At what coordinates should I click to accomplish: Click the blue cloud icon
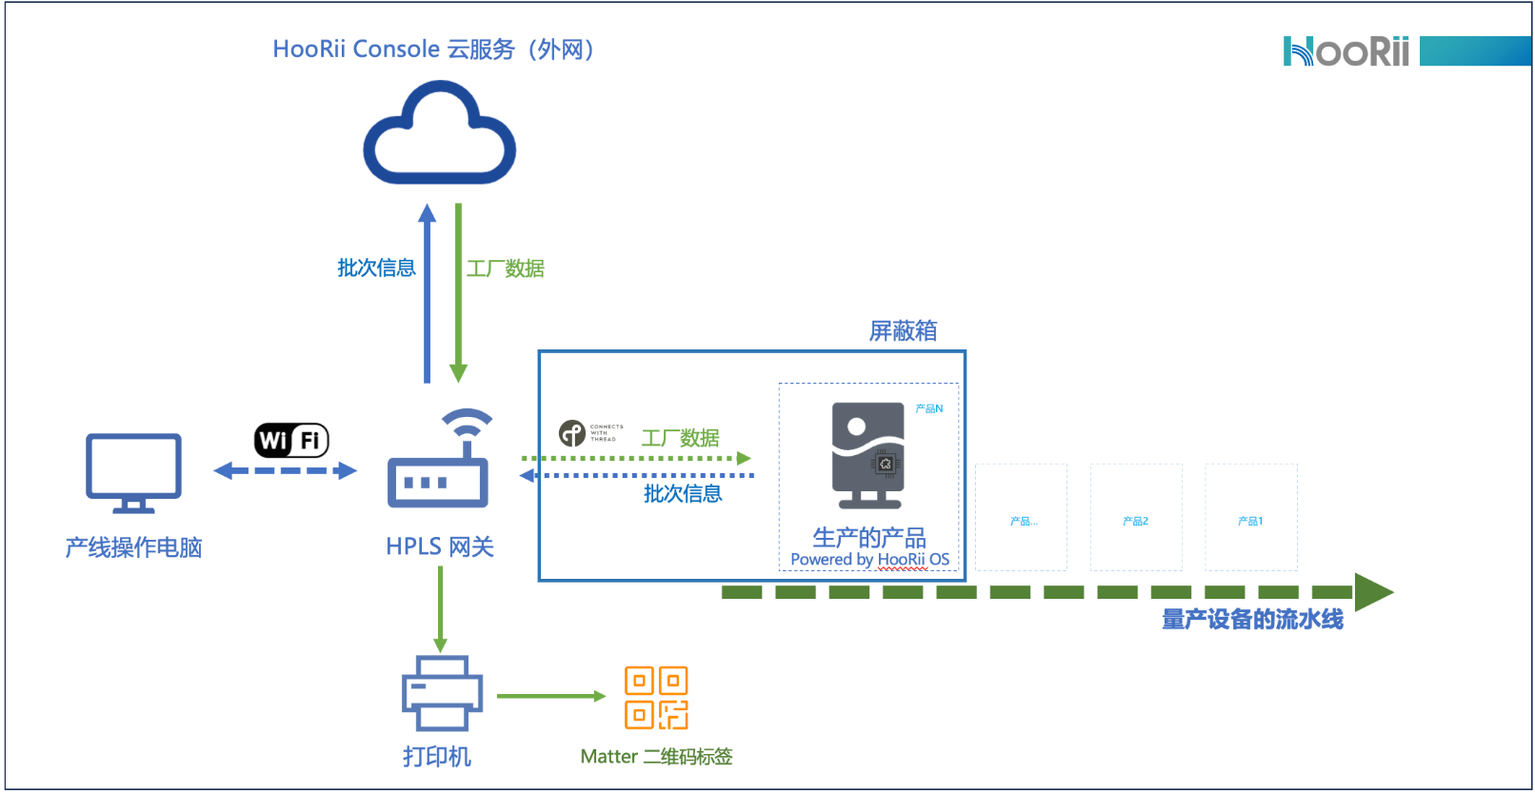(x=439, y=134)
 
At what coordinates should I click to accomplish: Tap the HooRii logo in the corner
(x=1346, y=51)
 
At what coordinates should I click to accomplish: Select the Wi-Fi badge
(x=291, y=440)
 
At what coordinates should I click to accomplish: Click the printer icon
(x=442, y=694)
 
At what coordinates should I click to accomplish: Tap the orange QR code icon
(x=656, y=698)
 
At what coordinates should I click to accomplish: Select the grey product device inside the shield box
(x=867, y=455)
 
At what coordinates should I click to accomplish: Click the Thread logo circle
(x=571, y=433)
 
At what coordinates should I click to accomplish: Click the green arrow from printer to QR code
(x=550, y=696)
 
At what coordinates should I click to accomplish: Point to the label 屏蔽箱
(x=903, y=330)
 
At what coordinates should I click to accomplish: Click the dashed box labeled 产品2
(x=1136, y=517)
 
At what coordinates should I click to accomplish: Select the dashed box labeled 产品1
(x=1250, y=517)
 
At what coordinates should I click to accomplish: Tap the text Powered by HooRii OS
(x=869, y=560)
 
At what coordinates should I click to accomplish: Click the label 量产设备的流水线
(x=1252, y=620)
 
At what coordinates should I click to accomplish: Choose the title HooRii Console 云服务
(x=433, y=50)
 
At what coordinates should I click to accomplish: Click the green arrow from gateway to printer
(x=440, y=609)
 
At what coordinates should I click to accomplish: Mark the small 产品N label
(x=928, y=408)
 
